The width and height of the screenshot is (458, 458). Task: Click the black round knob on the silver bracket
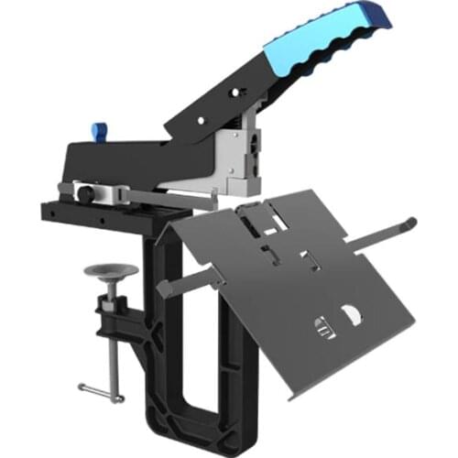click(x=84, y=194)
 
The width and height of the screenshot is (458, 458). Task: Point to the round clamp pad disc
click(x=109, y=271)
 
